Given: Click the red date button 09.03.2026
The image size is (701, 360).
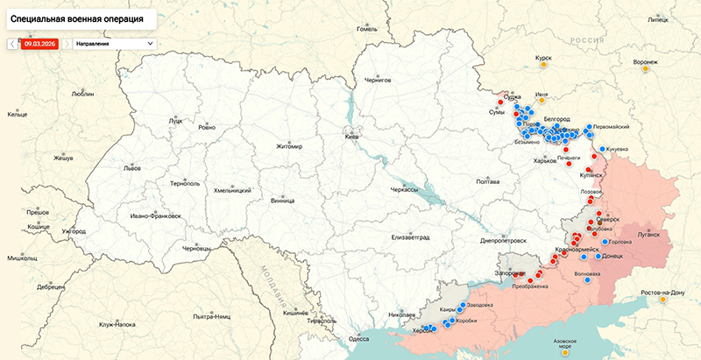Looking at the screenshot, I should tap(39, 42).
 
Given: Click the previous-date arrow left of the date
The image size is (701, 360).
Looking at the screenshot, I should tap(11, 42).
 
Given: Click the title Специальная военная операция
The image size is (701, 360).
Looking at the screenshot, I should tap(78, 18).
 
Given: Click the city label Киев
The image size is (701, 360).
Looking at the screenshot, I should tap(352, 138).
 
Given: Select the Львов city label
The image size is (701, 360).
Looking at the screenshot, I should tap(131, 167).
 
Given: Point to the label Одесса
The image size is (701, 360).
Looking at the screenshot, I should tap(359, 338).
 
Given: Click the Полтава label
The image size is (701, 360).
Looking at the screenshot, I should tap(487, 181).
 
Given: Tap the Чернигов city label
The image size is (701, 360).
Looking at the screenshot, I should tap(376, 80).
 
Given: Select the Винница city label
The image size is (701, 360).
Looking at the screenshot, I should tap(283, 200).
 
